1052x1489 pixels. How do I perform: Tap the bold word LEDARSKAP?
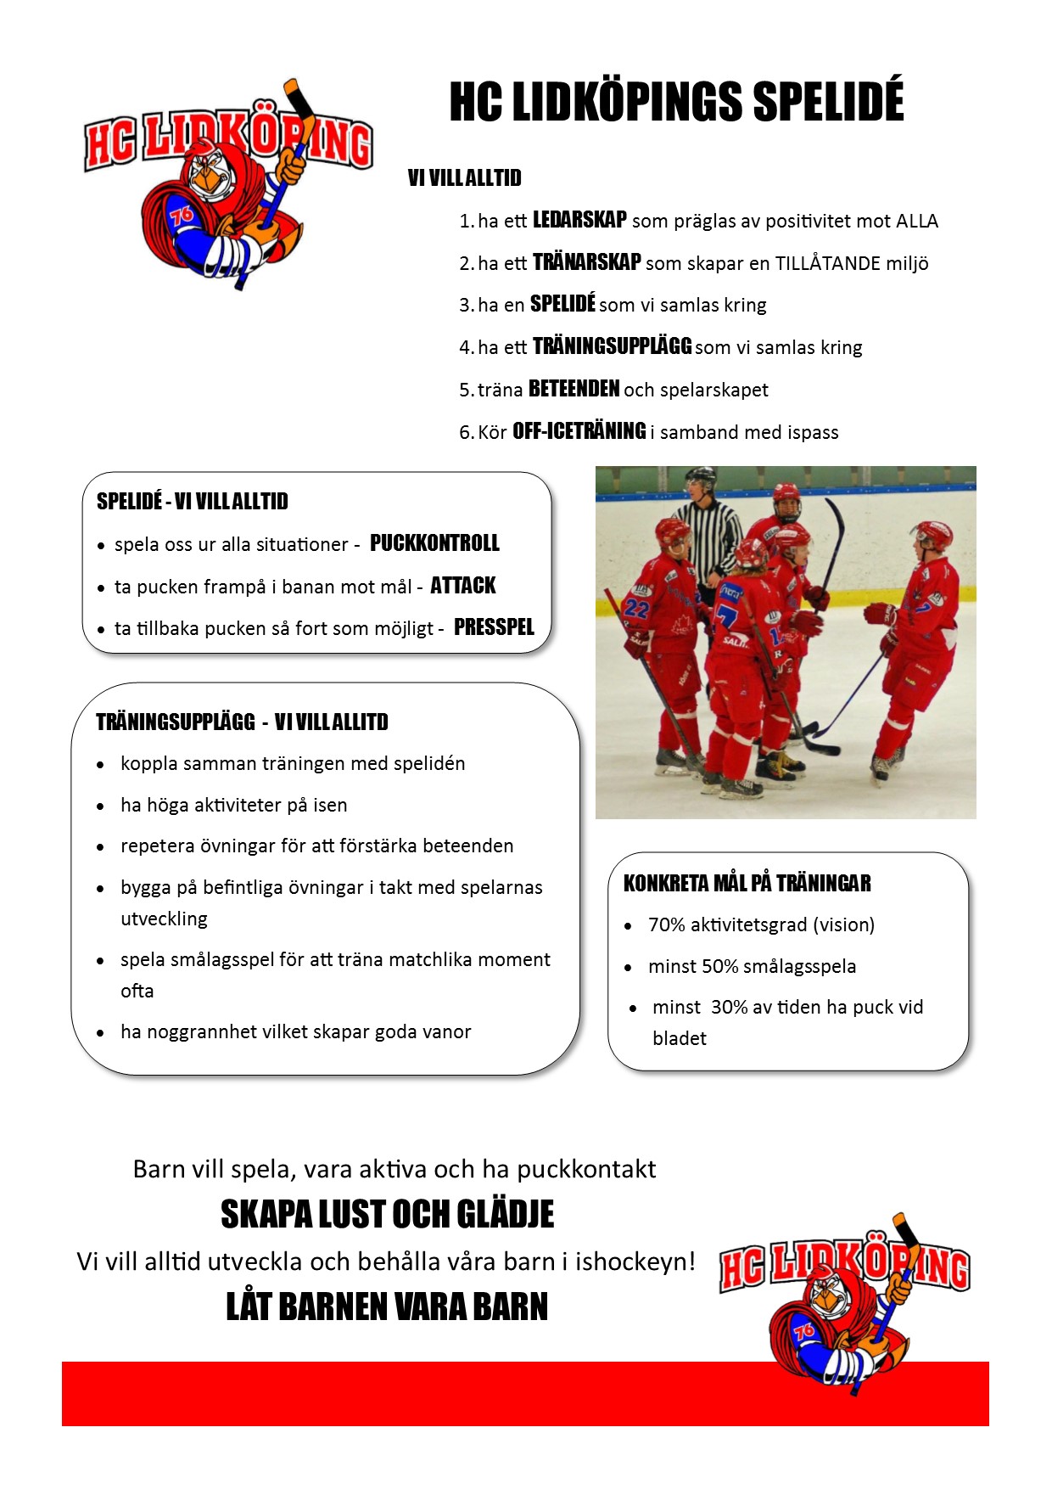click(x=579, y=220)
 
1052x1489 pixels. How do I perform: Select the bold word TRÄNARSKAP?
click(x=586, y=262)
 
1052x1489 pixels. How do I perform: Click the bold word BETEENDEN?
click(x=574, y=389)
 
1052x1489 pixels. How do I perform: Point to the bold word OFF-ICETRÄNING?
click(x=579, y=431)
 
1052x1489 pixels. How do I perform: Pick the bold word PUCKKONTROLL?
click(x=434, y=543)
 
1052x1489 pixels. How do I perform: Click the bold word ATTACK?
click(x=462, y=586)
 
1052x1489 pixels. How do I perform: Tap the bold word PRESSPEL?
click(x=494, y=627)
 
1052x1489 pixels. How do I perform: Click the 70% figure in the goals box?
click(x=666, y=924)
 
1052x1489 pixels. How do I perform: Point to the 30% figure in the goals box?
click(x=729, y=1007)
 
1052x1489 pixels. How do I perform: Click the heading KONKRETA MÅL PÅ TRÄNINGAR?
click(x=747, y=884)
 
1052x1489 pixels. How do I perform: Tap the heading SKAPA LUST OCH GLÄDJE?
click(x=387, y=1215)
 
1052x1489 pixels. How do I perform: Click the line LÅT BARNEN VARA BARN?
click(x=387, y=1306)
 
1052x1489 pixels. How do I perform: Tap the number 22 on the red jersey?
click(x=635, y=608)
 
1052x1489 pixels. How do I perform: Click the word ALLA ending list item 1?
click(x=916, y=222)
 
